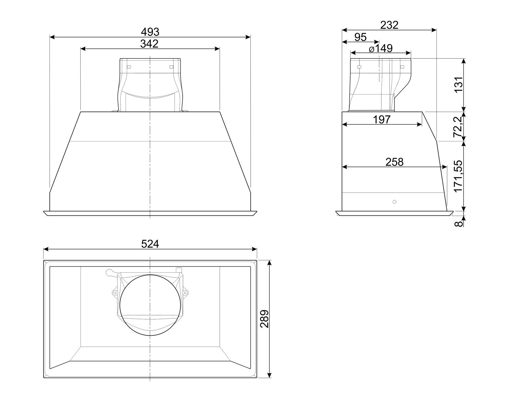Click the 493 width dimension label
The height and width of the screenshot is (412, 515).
coord(150,32)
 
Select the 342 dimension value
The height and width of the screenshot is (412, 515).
coord(149,44)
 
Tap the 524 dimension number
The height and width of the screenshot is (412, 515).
coord(150,244)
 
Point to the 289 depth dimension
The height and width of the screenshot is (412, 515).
coord(265,319)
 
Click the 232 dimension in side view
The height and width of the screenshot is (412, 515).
coord(389,25)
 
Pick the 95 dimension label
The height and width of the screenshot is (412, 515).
coord(360,37)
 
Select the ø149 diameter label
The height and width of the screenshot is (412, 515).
coord(381,48)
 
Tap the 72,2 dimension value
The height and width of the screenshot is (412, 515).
coord(458,127)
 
